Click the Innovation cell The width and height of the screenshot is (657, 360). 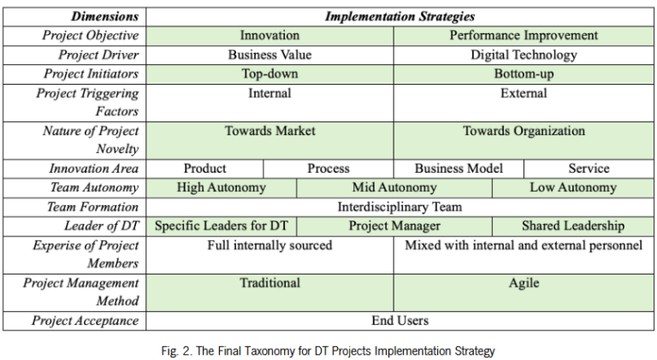pyautogui.click(x=269, y=36)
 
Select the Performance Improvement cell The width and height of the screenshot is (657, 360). pyautogui.click(x=524, y=36)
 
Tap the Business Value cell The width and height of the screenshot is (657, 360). pyautogui.click(x=269, y=55)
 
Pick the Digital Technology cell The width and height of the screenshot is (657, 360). pyautogui.click(x=524, y=55)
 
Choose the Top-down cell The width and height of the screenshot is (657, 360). pyautogui.click(x=269, y=74)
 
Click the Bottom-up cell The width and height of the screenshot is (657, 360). pyautogui.click(x=524, y=74)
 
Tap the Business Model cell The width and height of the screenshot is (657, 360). pyautogui.click(x=459, y=168)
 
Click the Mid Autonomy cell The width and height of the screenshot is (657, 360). pyautogui.click(x=394, y=187)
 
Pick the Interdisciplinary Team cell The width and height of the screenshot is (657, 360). pyautogui.click(x=400, y=207)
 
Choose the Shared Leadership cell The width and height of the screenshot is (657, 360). pyautogui.click(x=573, y=227)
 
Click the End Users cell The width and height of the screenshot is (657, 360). pyautogui.click(x=400, y=321)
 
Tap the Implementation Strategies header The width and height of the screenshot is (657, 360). pyautogui.click(x=400, y=16)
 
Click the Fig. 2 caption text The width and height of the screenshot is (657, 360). pyautogui.click(x=328, y=351)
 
